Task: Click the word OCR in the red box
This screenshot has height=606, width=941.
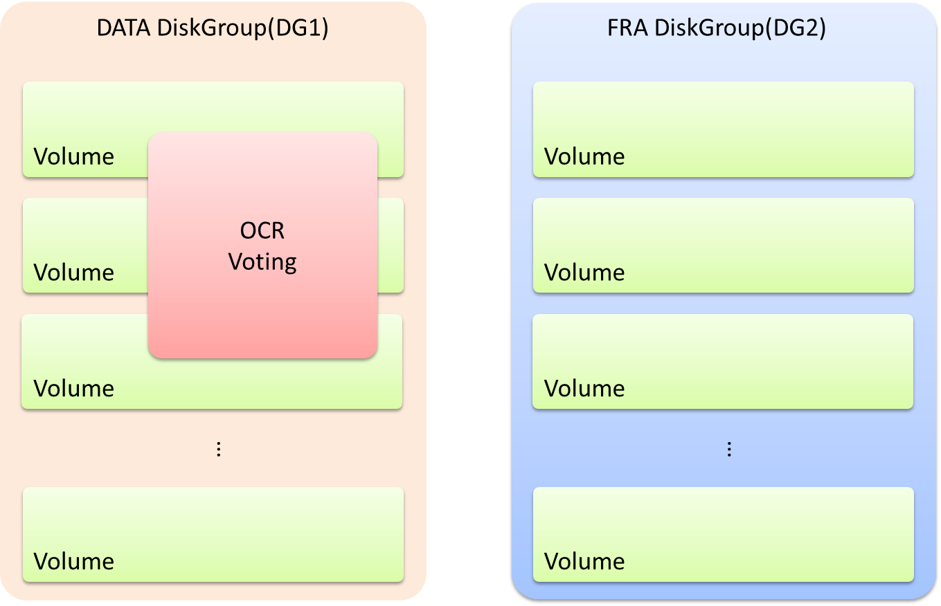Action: (x=262, y=230)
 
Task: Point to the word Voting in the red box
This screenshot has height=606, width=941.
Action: (x=262, y=262)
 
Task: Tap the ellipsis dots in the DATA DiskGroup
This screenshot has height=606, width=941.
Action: (x=219, y=450)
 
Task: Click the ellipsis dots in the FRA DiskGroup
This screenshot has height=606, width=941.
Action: (x=729, y=450)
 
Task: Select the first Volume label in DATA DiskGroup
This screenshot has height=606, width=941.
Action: (x=74, y=157)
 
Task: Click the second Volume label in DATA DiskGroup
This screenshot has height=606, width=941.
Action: (x=74, y=273)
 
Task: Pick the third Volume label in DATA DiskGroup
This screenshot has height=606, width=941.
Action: (x=74, y=389)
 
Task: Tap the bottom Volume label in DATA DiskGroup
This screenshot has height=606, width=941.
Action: (x=74, y=561)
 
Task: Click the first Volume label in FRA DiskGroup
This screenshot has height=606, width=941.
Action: (x=584, y=157)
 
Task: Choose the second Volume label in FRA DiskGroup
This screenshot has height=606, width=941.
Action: (x=584, y=273)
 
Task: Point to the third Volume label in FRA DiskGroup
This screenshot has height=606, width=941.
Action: (x=584, y=389)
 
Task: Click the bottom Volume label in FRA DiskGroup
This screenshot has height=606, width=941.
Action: (x=584, y=561)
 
